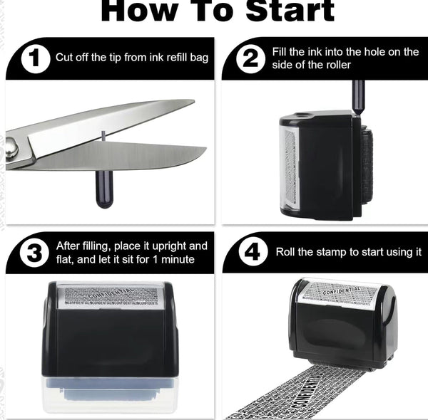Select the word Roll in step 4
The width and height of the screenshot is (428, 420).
point(287,252)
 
